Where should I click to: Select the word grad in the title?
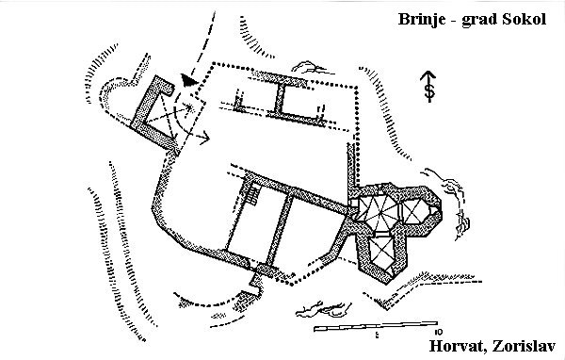(x=479, y=20)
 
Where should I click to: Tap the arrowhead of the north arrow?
(x=428, y=75)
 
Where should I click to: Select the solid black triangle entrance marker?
(x=189, y=80)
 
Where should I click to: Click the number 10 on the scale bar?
(x=439, y=332)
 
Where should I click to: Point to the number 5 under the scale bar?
(x=377, y=335)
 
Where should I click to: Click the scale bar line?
(x=376, y=325)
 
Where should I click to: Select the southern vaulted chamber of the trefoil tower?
(x=381, y=253)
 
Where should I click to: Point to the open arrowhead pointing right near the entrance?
(x=205, y=137)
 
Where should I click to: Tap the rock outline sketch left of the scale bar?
(x=322, y=309)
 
